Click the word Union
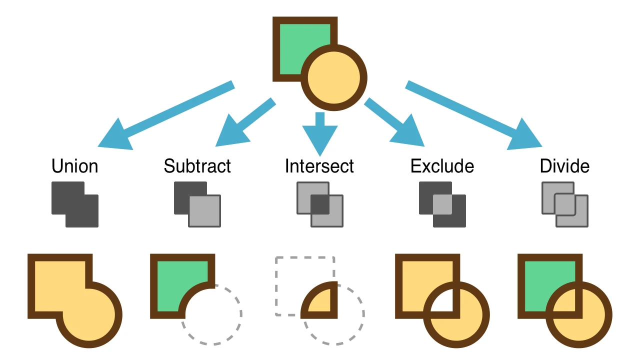pyautogui.click(x=74, y=166)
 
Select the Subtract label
pyautogui.click(x=197, y=166)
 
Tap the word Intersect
pyautogui.click(x=319, y=166)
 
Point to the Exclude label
pyautogui.click(x=442, y=166)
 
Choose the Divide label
pyautogui.click(x=564, y=166)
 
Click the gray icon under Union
pyautogui.click(x=75, y=204)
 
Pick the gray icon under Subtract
pyautogui.click(x=197, y=204)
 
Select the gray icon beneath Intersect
pyautogui.click(x=320, y=204)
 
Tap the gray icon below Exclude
pyautogui.click(x=442, y=204)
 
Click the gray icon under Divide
pyautogui.click(x=565, y=204)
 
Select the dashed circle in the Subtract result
pyautogui.click(x=235, y=330)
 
